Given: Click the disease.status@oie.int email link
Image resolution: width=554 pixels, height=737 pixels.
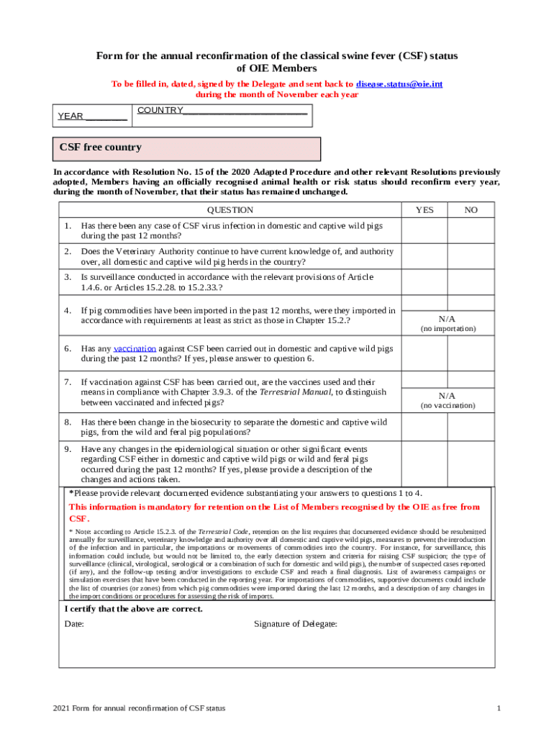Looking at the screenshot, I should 399,84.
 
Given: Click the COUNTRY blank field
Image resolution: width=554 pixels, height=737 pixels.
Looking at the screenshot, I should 245,111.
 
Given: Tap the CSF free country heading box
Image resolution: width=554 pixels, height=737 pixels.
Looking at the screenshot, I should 187,148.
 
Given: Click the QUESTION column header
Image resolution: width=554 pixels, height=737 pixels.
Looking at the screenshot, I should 230,210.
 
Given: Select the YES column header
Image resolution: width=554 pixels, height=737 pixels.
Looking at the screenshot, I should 424,210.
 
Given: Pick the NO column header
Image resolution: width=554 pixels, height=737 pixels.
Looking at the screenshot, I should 471,210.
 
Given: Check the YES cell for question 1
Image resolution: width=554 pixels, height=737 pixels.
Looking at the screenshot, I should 424,230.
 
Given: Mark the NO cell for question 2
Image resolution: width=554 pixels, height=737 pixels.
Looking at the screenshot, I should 471,256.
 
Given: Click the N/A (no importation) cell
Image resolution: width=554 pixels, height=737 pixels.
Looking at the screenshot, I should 447,323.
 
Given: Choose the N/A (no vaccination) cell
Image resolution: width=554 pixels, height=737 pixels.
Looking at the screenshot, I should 447,399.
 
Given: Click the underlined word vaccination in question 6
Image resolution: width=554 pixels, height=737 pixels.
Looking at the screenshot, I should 135,348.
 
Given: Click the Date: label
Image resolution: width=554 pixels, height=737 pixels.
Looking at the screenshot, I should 74,624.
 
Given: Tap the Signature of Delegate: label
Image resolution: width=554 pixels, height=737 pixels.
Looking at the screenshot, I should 295,624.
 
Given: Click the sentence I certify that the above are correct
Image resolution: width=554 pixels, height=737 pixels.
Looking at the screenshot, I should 133,609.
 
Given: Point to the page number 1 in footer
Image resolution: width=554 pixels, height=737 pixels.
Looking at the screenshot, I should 498,709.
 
